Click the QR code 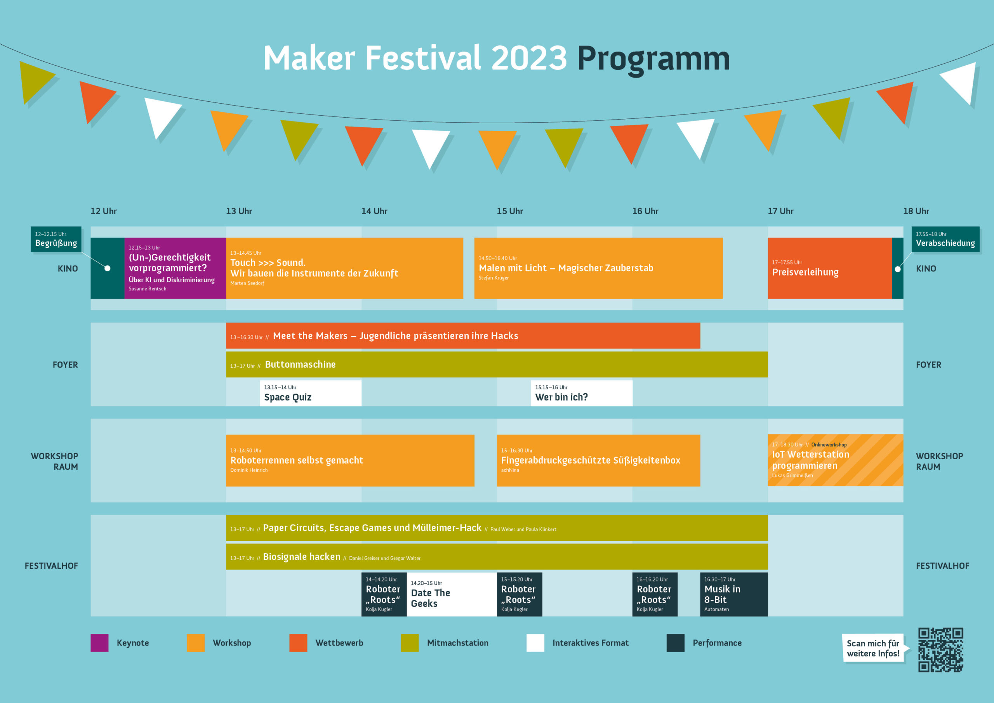[x=940, y=650]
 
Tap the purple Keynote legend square [x=99, y=643]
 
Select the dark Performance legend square [x=675, y=643]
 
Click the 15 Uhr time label [x=509, y=211]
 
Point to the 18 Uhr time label [x=916, y=211]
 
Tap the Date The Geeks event [x=452, y=594]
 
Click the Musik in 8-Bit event [x=734, y=594]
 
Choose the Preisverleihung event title [x=805, y=272]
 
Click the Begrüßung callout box [x=56, y=239]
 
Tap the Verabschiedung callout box [x=945, y=239]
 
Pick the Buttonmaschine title [x=300, y=365]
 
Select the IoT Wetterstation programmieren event [x=836, y=460]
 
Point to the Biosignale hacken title [x=302, y=557]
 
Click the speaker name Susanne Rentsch [x=147, y=289]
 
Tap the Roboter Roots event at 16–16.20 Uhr [x=655, y=594]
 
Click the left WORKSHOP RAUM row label [x=54, y=462]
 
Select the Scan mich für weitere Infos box [x=873, y=648]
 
